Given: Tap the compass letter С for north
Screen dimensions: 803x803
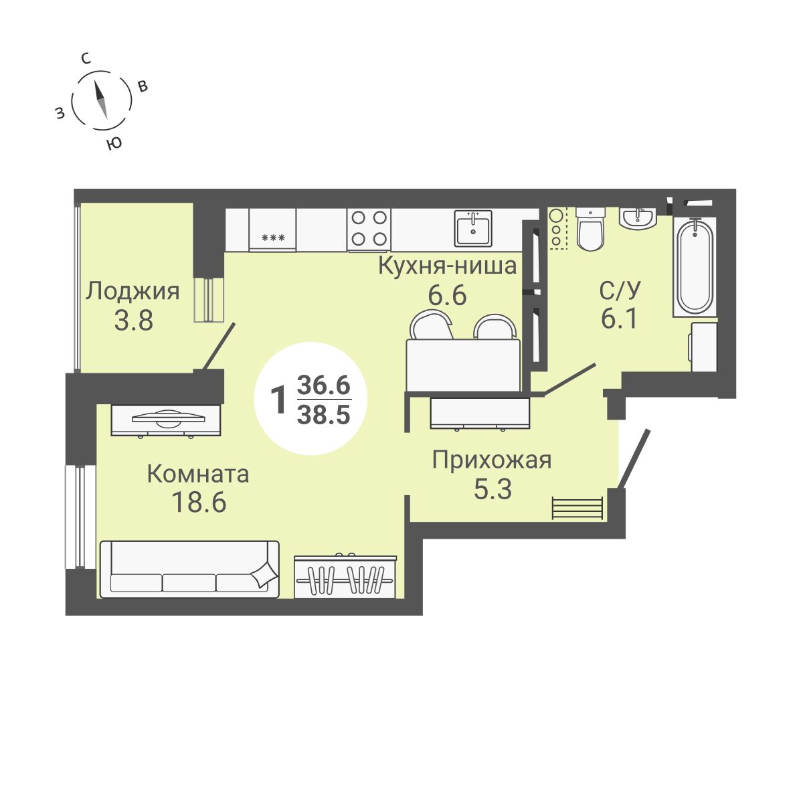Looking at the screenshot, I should pos(86,59).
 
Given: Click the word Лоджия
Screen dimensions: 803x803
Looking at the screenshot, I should pos(134,291).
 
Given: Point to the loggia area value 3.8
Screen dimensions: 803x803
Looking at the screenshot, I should pos(134,321).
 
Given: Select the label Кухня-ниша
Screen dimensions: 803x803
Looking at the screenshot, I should pos(447,266).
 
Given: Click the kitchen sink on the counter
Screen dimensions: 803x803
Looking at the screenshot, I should pos(473,228).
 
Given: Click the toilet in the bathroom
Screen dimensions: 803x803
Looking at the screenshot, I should pos(590,229).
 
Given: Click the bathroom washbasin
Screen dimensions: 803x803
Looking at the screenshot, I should pos(638,218).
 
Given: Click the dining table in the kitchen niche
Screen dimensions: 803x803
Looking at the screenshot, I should pos(463,365).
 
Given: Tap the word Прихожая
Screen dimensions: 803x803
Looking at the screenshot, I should pos(492,460).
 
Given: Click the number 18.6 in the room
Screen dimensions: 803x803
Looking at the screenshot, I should pos(199,502).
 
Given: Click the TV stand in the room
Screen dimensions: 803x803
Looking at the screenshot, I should pos(167,420).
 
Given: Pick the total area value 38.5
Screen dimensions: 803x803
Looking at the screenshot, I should pos(324,416).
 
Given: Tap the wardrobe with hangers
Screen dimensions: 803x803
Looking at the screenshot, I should pos(347,575).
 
